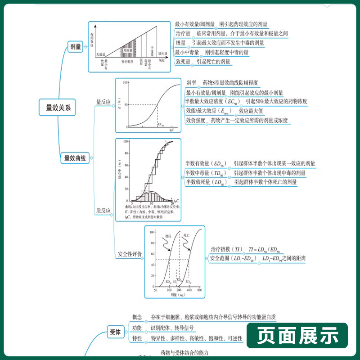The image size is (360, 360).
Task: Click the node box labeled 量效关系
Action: [58, 108]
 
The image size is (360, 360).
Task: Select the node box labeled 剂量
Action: [75, 46]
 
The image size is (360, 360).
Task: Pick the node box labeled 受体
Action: [115, 333]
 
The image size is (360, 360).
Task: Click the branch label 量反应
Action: [103, 102]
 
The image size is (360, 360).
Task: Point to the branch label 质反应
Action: [103, 210]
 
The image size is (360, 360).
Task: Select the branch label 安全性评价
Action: [130, 254]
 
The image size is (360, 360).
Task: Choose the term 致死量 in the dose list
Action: [183, 61]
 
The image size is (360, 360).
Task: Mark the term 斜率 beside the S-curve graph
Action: [191, 83]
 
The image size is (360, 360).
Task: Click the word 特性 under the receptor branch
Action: [137, 338]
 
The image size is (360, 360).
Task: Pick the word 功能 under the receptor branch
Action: [137, 328]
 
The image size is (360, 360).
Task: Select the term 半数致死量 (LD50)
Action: [205, 182]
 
